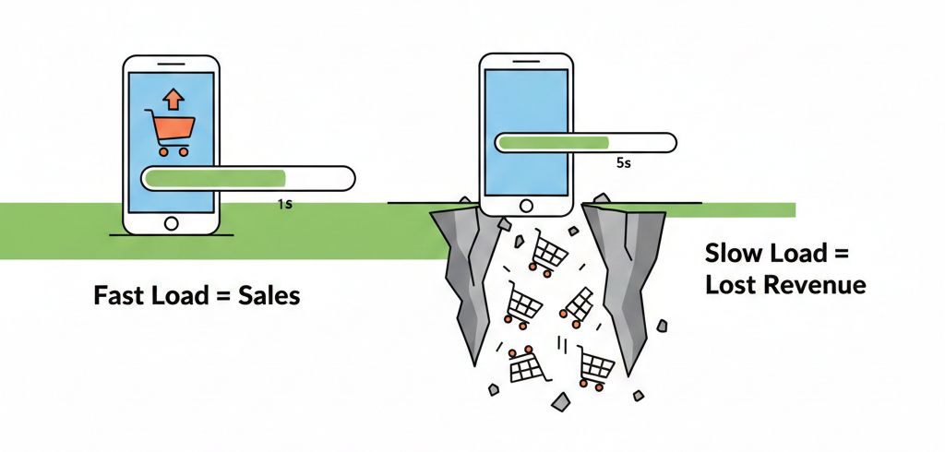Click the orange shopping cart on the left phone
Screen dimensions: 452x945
pyautogui.click(x=170, y=132)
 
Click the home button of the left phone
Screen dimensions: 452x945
pyautogui.click(x=171, y=223)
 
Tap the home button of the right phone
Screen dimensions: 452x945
pyautogui.click(x=527, y=206)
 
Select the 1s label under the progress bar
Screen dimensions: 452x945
pyautogui.click(x=284, y=204)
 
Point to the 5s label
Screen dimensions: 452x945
pyautogui.click(x=622, y=163)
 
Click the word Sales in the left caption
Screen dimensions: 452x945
pyautogui.click(x=268, y=297)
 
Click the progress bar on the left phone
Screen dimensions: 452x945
pyautogui.click(x=247, y=178)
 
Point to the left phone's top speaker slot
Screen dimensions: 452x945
pyautogui.click(x=171, y=66)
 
